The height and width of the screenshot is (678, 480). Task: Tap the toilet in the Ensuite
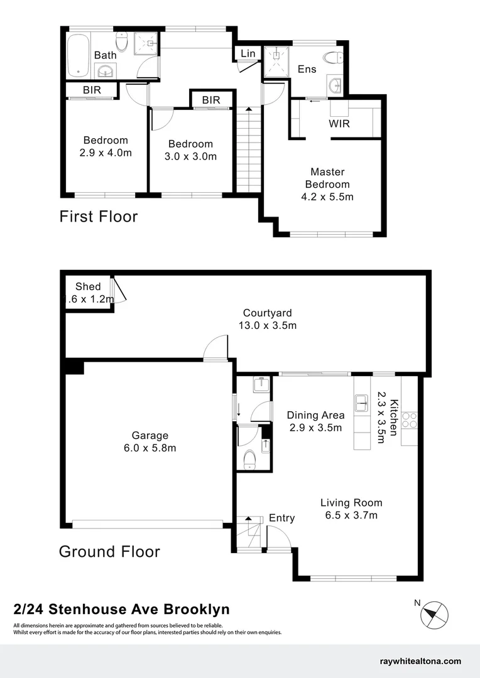tap(332, 59)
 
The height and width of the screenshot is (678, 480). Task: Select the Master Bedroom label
tap(327, 178)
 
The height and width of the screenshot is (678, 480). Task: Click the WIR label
tap(339, 123)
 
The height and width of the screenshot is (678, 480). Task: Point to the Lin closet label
tap(248, 53)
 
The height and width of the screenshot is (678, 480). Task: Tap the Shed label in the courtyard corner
tap(88, 287)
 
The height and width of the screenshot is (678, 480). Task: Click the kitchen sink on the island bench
tap(362, 402)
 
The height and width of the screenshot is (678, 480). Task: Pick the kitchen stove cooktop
tap(409, 419)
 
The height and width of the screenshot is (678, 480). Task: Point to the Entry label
tap(281, 518)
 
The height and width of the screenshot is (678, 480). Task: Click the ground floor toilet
tap(249, 459)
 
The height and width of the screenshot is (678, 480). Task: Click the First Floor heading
tap(98, 217)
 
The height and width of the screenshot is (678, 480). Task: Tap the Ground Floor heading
tap(109, 552)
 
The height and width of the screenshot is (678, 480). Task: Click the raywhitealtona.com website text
tap(421, 661)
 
